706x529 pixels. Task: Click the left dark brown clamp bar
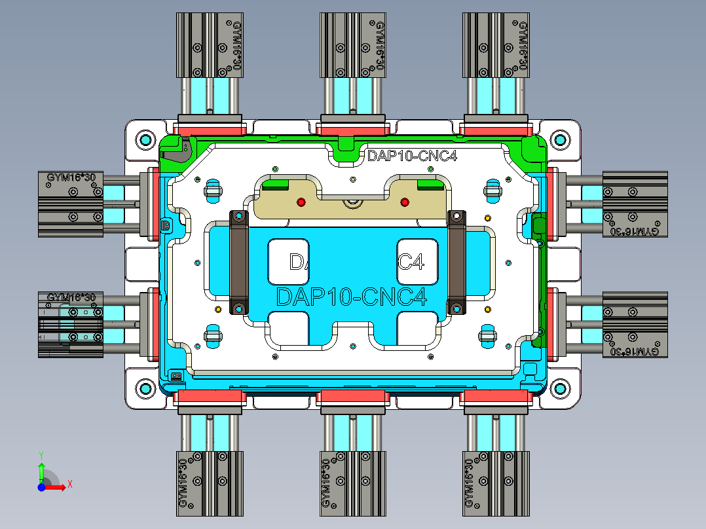238,262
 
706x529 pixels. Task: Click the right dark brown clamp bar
456,262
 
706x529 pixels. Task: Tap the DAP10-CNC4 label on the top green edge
412,156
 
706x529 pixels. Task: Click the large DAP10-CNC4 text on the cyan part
352,296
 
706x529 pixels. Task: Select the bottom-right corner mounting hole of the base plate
560,388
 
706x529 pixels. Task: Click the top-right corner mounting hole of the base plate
560,139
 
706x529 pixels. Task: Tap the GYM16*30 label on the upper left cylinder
71,177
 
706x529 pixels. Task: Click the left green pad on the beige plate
275,185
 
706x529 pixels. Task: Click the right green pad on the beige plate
430,185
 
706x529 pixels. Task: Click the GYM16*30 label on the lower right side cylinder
633,352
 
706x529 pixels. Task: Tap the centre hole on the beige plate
353,203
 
